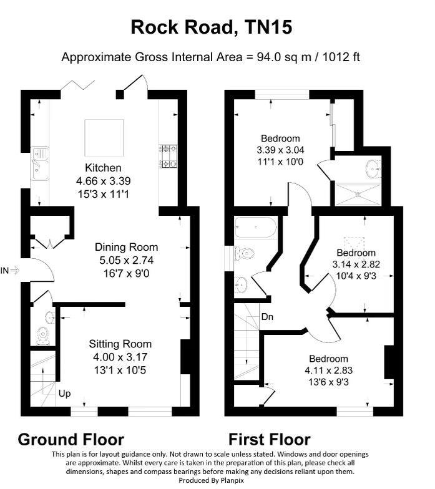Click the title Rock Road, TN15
pyautogui.click(x=211, y=27)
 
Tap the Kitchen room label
pyautogui.click(x=103, y=168)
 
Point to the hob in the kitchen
pyautogui.click(x=169, y=157)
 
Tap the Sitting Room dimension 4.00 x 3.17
pyautogui.click(x=120, y=357)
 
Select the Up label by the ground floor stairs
pyautogui.click(x=64, y=394)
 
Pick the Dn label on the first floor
pyautogui.click(x=268, y=316)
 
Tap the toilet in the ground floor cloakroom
pyautogui.click(x=42, y=335)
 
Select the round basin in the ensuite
pyautogui.click(x=373, y=167)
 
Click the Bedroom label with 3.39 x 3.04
pyautogui.click(x=280, y=138)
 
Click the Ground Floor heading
pyautogui.click(x=71, y=439)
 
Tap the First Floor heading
pyautogui.click(x=269, y=439)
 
